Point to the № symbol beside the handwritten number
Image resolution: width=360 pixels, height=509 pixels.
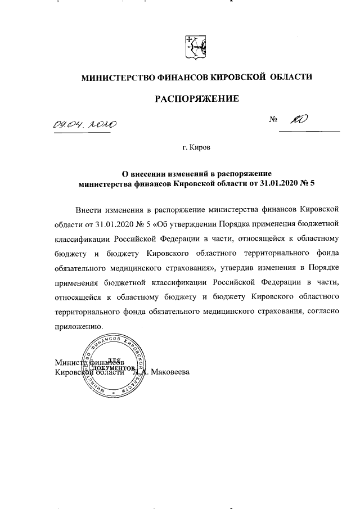(x=275, y=120)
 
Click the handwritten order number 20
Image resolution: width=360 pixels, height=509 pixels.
(x=298, y=120)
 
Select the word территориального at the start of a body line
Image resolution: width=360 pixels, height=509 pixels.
(x=91, y=312)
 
